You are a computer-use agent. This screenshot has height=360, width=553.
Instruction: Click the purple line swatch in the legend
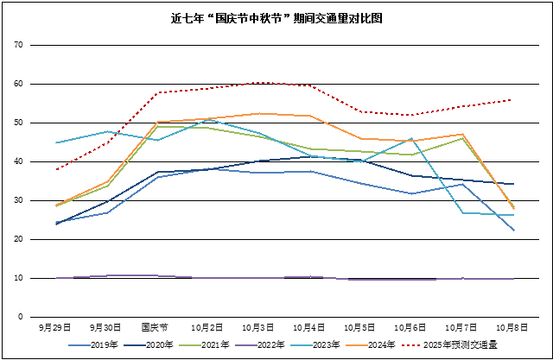(246, 345)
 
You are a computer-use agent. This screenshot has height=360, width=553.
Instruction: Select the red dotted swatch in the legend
(411, 345)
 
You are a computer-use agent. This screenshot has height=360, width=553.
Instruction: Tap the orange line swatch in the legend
(356, 345)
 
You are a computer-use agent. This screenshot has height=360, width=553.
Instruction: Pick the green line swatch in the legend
(190, 345)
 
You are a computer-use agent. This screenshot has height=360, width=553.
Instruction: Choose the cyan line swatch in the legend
(302, 345)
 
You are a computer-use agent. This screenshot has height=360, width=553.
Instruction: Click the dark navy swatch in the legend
(135, 345)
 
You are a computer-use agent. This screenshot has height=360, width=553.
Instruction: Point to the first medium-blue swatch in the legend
(79, 345)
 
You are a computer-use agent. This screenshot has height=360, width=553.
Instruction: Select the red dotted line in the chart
(259, 83)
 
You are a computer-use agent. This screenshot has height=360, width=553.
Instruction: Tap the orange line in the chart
(259, 113)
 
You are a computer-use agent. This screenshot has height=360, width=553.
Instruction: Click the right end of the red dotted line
(514, 100)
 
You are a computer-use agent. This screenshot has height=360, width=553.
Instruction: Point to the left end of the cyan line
(56, 142)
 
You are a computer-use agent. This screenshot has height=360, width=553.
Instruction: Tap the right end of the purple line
(514, 279)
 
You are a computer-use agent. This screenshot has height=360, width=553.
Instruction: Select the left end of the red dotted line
(56, 169)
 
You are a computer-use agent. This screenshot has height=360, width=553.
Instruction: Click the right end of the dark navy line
(514, 184)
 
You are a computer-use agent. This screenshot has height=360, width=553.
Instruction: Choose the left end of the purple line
(56, 278)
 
